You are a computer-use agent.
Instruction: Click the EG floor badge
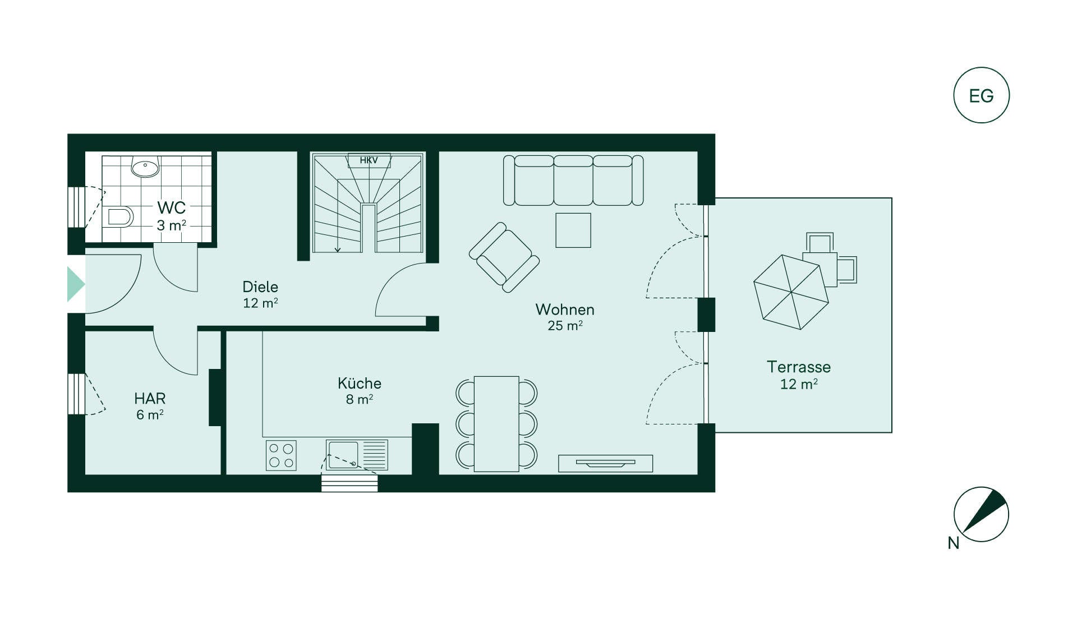(981, 95)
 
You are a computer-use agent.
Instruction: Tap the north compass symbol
(981, 514)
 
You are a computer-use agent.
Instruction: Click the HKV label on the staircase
(369, 160)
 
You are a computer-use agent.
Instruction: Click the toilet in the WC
(119, 216)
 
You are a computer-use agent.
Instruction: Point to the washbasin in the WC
(145, 167)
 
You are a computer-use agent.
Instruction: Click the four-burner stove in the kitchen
(281, 455)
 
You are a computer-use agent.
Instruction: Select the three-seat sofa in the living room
(573, 181)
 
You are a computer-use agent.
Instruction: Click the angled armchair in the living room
(504, 257)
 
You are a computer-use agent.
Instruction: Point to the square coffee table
(573, 230)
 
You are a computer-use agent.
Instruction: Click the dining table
(496, 424)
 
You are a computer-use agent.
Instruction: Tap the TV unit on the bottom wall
(606, 463)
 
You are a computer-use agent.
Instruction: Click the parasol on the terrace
(791, 292)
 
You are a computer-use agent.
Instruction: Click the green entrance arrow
(76, 284)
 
